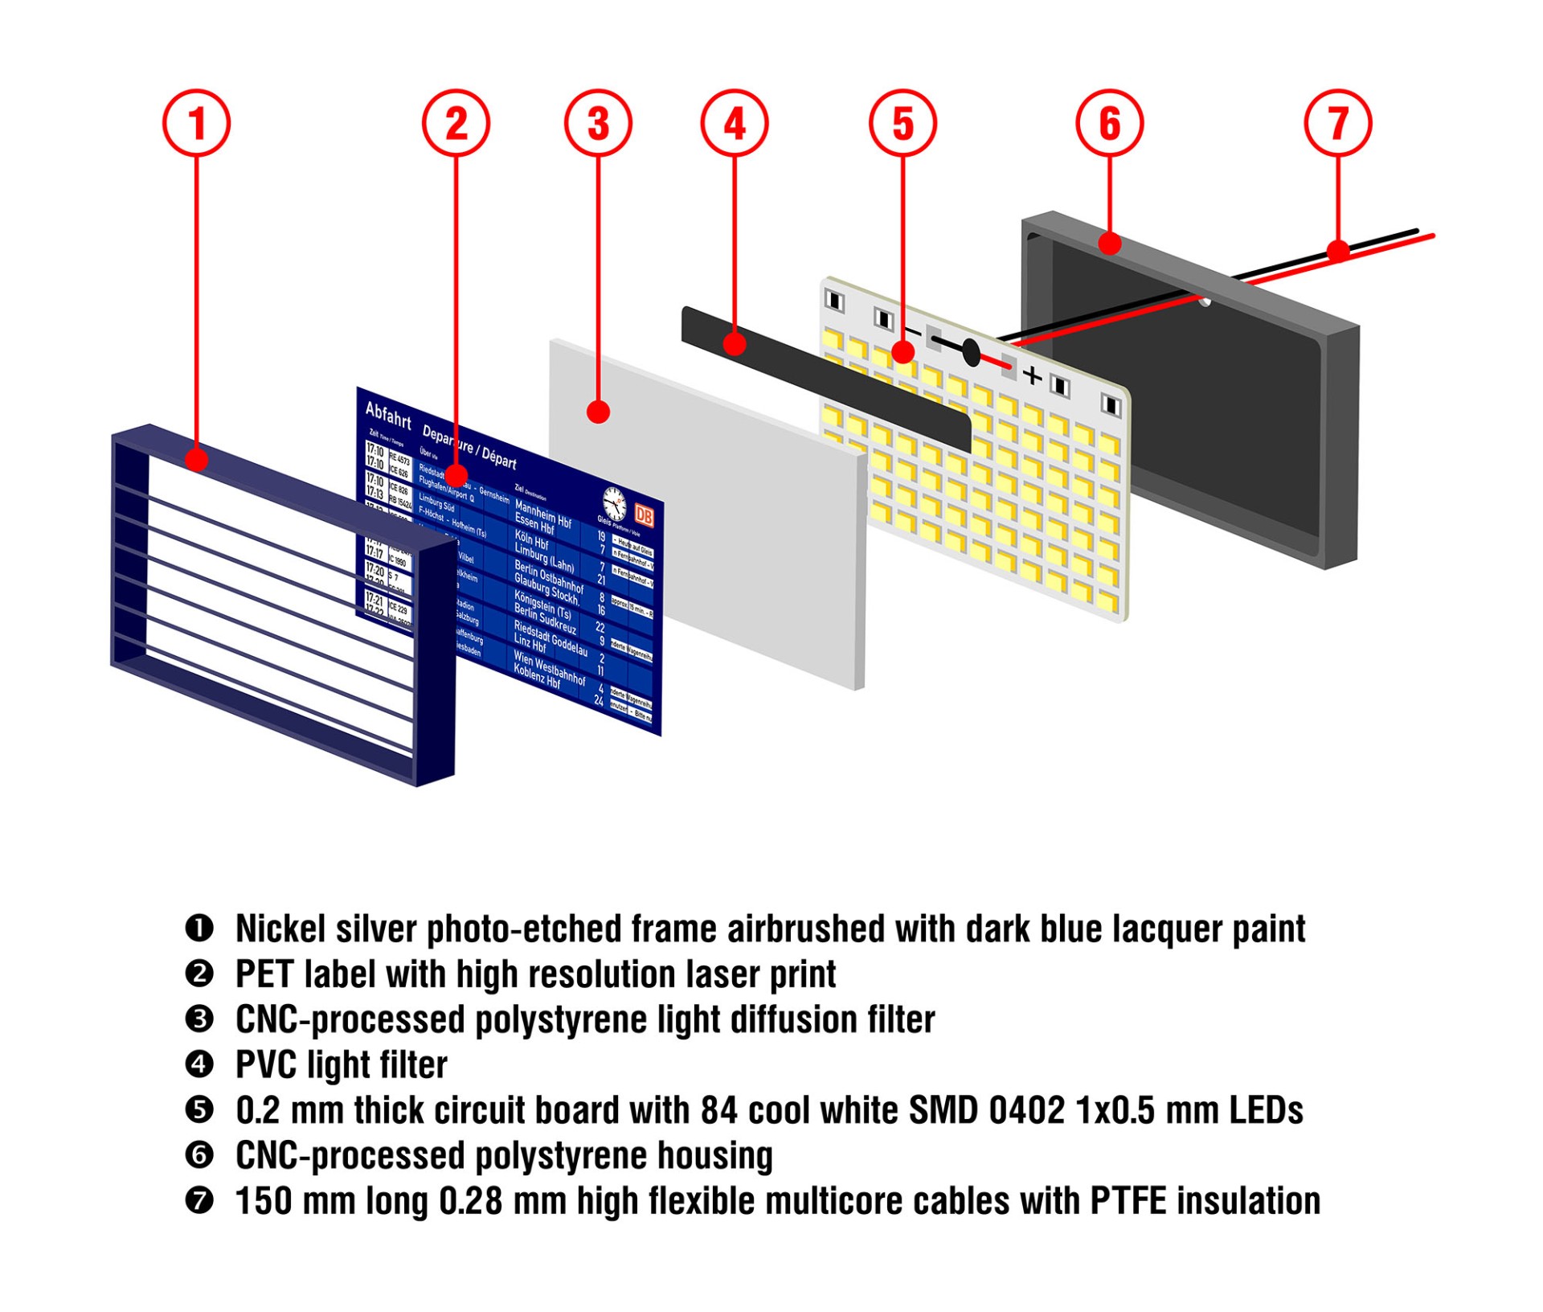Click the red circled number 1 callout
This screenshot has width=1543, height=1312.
point(196,123)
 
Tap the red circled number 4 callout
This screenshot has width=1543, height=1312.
point(734,123)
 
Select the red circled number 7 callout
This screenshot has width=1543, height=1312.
point(1337,123)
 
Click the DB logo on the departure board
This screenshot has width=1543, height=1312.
point(644,515)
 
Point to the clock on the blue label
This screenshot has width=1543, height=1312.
point(615,503)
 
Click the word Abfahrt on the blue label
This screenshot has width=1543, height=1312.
point(388,415)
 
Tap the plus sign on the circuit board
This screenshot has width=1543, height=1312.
point(1032,375)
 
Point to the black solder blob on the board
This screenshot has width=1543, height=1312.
point(971,353)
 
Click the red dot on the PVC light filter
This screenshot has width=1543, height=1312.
point(734,344)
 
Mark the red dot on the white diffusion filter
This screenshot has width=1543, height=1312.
point(598,412)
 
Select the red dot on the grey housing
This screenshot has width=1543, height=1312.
point(1109,243)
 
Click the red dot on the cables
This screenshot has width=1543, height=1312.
point(1337,251)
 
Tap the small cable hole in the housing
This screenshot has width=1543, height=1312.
point(1205,301)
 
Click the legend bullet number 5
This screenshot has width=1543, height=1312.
point(199,1110)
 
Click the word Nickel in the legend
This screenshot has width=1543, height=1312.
point(280,929)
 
